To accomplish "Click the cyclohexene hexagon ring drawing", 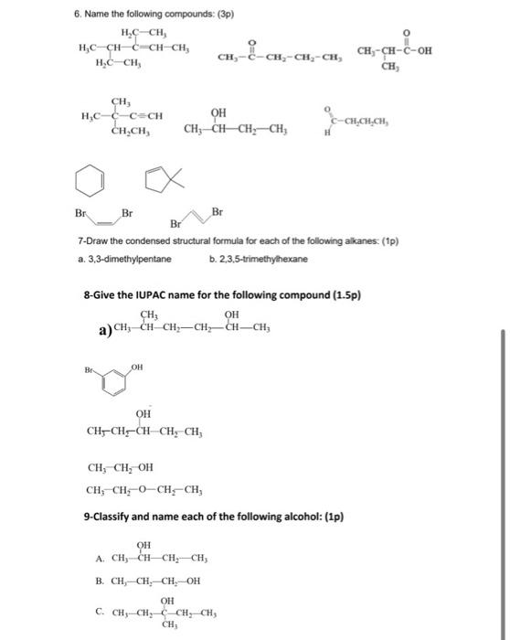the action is pos(90,179).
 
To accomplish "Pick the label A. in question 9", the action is pos(99,560).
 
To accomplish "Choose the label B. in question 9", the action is pos(99,580).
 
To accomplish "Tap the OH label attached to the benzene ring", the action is pos(137,366).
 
